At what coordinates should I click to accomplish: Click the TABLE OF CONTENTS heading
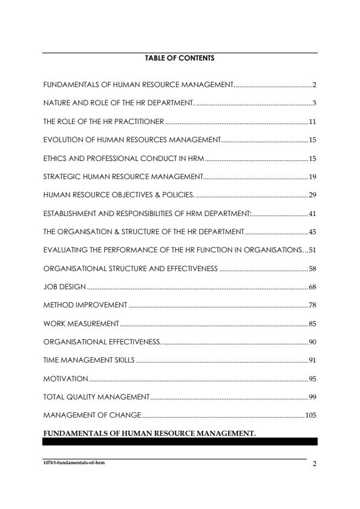point(180,59)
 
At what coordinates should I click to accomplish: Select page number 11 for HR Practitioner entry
point(313,122)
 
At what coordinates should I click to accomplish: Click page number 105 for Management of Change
point(311,415)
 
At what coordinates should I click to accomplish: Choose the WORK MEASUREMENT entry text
point(81,324)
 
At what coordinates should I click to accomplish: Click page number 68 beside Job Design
point(313,286)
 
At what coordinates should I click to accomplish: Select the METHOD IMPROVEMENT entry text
point(85,305)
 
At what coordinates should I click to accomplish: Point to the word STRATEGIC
point(60,177)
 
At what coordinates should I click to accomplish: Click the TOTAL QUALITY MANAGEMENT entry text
point(96,397)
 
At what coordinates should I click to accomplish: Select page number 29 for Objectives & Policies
point(313,195)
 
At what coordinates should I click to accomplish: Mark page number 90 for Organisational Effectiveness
point(313,342)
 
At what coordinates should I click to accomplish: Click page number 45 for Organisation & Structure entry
point(313,232)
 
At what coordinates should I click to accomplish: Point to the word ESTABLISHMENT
point(70,213)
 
